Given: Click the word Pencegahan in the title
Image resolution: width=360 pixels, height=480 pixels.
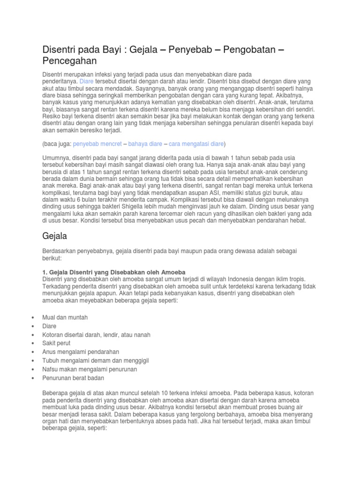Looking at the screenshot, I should (70, 61).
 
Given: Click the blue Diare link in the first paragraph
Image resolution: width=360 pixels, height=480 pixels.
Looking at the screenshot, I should (87, 81).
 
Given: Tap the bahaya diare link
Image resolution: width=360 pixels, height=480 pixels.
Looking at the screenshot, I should (146, 143).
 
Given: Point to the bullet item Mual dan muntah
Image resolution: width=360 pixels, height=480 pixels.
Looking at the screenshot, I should (65, 317).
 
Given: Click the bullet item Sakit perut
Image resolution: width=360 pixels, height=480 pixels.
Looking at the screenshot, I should (57, 343).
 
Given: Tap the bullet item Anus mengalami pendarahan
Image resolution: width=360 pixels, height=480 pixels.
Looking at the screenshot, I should (81, 352).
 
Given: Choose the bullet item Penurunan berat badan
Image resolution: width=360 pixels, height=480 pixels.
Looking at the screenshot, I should (73, 378).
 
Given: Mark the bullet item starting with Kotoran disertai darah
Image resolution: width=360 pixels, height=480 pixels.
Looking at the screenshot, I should (96, 335).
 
